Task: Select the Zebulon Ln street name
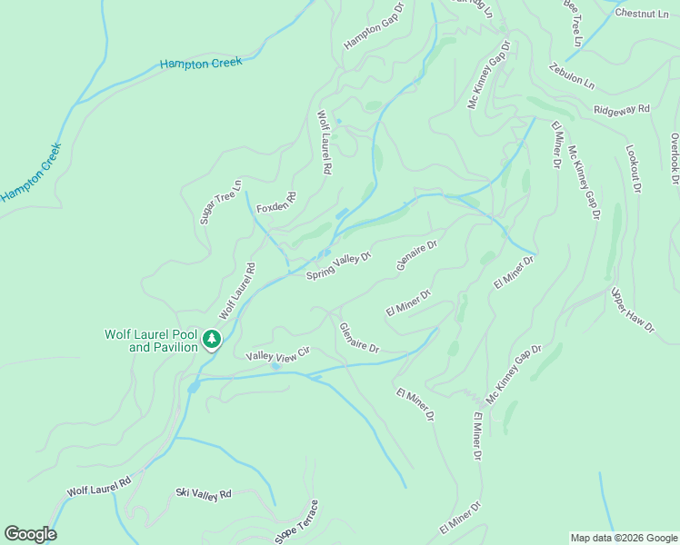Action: point(571,75)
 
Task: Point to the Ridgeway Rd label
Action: point(622,109)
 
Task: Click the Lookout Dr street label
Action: point(634,169)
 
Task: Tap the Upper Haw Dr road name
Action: point(633,311)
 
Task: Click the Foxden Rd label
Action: point(276,203)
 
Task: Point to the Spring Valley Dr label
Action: point(339,266)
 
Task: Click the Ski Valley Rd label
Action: point(204,493)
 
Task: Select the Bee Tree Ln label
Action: point(572,23)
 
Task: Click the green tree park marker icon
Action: point(212,340)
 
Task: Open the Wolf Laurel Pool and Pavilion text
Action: point(151,341)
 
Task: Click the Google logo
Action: point(30,534)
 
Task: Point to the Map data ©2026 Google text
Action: point(624,538)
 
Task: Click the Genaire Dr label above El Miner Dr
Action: point(417,255)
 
